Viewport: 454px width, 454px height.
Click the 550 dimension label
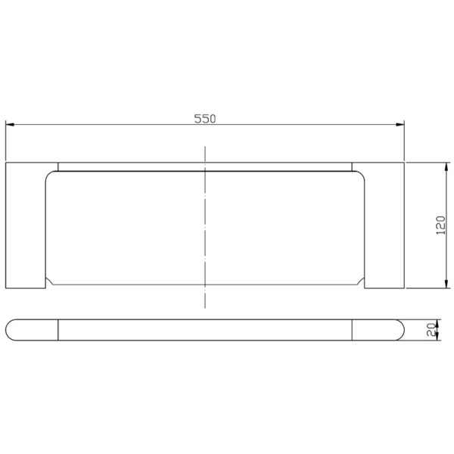pyautogui.click(x=205, y=119)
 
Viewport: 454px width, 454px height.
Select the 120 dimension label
pyautogui.click(x=440, y=225)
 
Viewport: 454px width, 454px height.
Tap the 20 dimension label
pyautogui.click(x=431, y=330)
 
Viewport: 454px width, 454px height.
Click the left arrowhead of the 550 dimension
pyautogui.click(x=10, y=125)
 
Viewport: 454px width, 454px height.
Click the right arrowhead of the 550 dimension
pyautogui.click(x=400, y=125)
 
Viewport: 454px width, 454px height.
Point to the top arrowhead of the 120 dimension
pyautogui.click(x=446, y=166)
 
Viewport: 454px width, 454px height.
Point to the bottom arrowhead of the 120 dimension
pyautogui.click(x=446, y=284)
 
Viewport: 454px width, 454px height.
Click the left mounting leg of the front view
pyautogui.click(x=26, y=225)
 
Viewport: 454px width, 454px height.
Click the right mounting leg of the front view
pyautogui.click(x=384, y=225)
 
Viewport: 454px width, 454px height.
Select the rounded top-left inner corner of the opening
pyautogui.click(x=48, y=175)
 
